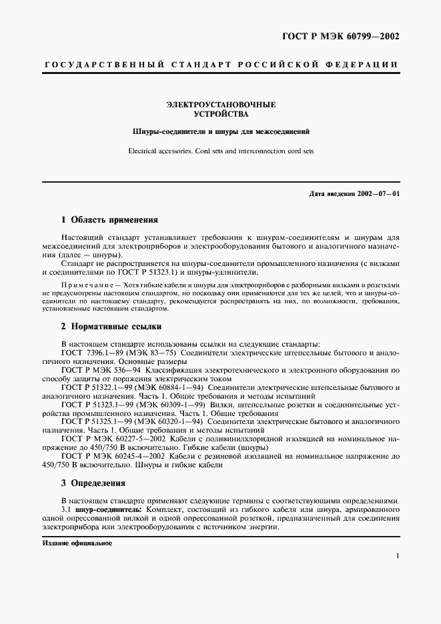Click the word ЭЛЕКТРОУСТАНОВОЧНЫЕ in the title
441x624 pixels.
pos(220,105)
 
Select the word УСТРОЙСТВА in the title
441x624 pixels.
pos(220,114)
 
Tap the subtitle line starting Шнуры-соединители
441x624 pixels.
pos(220,132)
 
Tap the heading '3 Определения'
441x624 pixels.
pos(93,483)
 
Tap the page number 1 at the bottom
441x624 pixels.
pos(398,555)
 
